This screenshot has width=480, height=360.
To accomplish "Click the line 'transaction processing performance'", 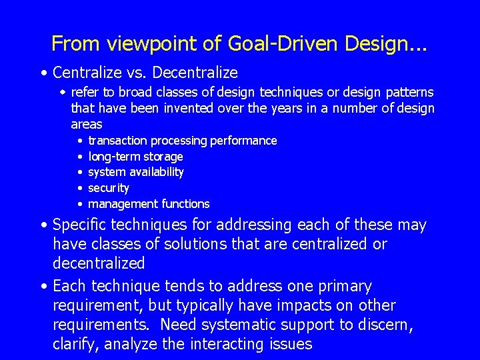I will pyautogui.click(x=182, y=141).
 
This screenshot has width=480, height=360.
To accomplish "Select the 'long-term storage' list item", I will pyautogui.click(x=135, y=157).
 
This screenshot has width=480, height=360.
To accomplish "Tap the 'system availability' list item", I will pyautogui.click(x=136, y=172).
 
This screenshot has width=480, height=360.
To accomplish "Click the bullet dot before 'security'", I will pyautogui.click(x=79, y=188).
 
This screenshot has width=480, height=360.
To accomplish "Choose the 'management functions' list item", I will pyautogui.click(x=149, y=204).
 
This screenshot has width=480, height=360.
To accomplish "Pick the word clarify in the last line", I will pyautogui.click(x=75, y=344).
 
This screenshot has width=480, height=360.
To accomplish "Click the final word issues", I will pyautogui.click(x=291, y=344).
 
